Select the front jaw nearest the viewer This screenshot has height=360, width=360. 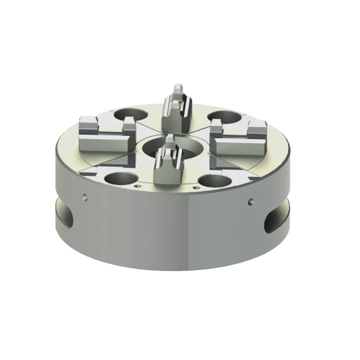pyautogui.click(x=169, y=169)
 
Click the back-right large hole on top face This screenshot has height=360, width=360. pyautogui.click(x=225, y=118)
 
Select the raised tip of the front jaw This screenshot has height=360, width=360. pyautogui.click(x=170, y=142)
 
